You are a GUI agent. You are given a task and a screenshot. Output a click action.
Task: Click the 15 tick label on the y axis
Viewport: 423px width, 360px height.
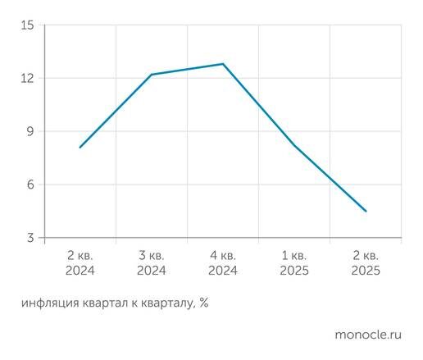[x=27, y=25]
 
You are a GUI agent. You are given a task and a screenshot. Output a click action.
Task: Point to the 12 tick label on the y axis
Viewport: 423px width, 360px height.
[x=27, y=78]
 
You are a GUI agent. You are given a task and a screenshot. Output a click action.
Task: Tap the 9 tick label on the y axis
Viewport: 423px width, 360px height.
[x=30, y=131]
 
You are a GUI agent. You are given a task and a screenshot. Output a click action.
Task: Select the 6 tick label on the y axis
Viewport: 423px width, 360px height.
[x=30, y=185]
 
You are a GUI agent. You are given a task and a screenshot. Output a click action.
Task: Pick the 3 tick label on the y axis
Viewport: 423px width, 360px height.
[x=30, y=238]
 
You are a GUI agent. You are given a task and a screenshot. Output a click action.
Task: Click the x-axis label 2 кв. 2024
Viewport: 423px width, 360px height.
[x=80, y=262]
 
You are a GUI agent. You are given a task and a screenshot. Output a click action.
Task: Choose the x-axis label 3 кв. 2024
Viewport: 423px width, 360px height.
[x=152, y=262]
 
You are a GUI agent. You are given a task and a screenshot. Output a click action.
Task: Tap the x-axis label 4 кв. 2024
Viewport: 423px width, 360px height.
[x=223, y=262]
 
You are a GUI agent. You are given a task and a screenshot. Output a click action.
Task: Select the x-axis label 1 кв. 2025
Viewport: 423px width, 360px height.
[x=294, y=262]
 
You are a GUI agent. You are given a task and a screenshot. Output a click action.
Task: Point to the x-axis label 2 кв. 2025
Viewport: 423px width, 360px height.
[x=366, y=262]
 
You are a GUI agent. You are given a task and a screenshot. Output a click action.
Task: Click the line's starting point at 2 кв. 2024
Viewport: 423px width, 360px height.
[x=80, y=148]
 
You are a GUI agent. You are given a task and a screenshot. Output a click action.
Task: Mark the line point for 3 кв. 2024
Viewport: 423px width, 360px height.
[x=152, y=75]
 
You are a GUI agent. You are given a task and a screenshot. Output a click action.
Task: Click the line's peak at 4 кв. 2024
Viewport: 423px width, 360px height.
[x=223, y=64]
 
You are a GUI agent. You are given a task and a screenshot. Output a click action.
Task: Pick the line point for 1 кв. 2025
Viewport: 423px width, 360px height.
[x=294, y=145]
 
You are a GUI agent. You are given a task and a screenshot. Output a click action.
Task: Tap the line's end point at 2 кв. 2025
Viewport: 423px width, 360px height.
[x=366, y=212]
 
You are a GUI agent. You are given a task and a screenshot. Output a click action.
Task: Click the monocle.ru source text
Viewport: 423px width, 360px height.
[x=368, y=335]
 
